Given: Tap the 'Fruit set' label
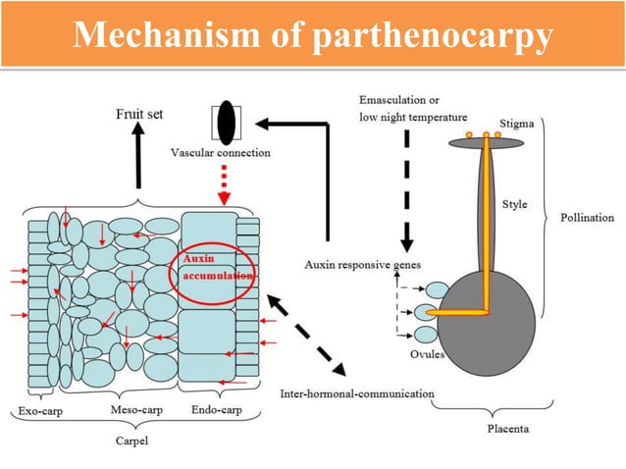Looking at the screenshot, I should [139, 113].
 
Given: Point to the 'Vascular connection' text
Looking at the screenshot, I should [221, 153].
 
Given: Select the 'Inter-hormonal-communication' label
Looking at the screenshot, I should [357, 393].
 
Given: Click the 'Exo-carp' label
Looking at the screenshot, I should [40, 410].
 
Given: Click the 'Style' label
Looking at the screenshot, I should [514, 205].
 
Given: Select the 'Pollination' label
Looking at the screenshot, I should [586, 217].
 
